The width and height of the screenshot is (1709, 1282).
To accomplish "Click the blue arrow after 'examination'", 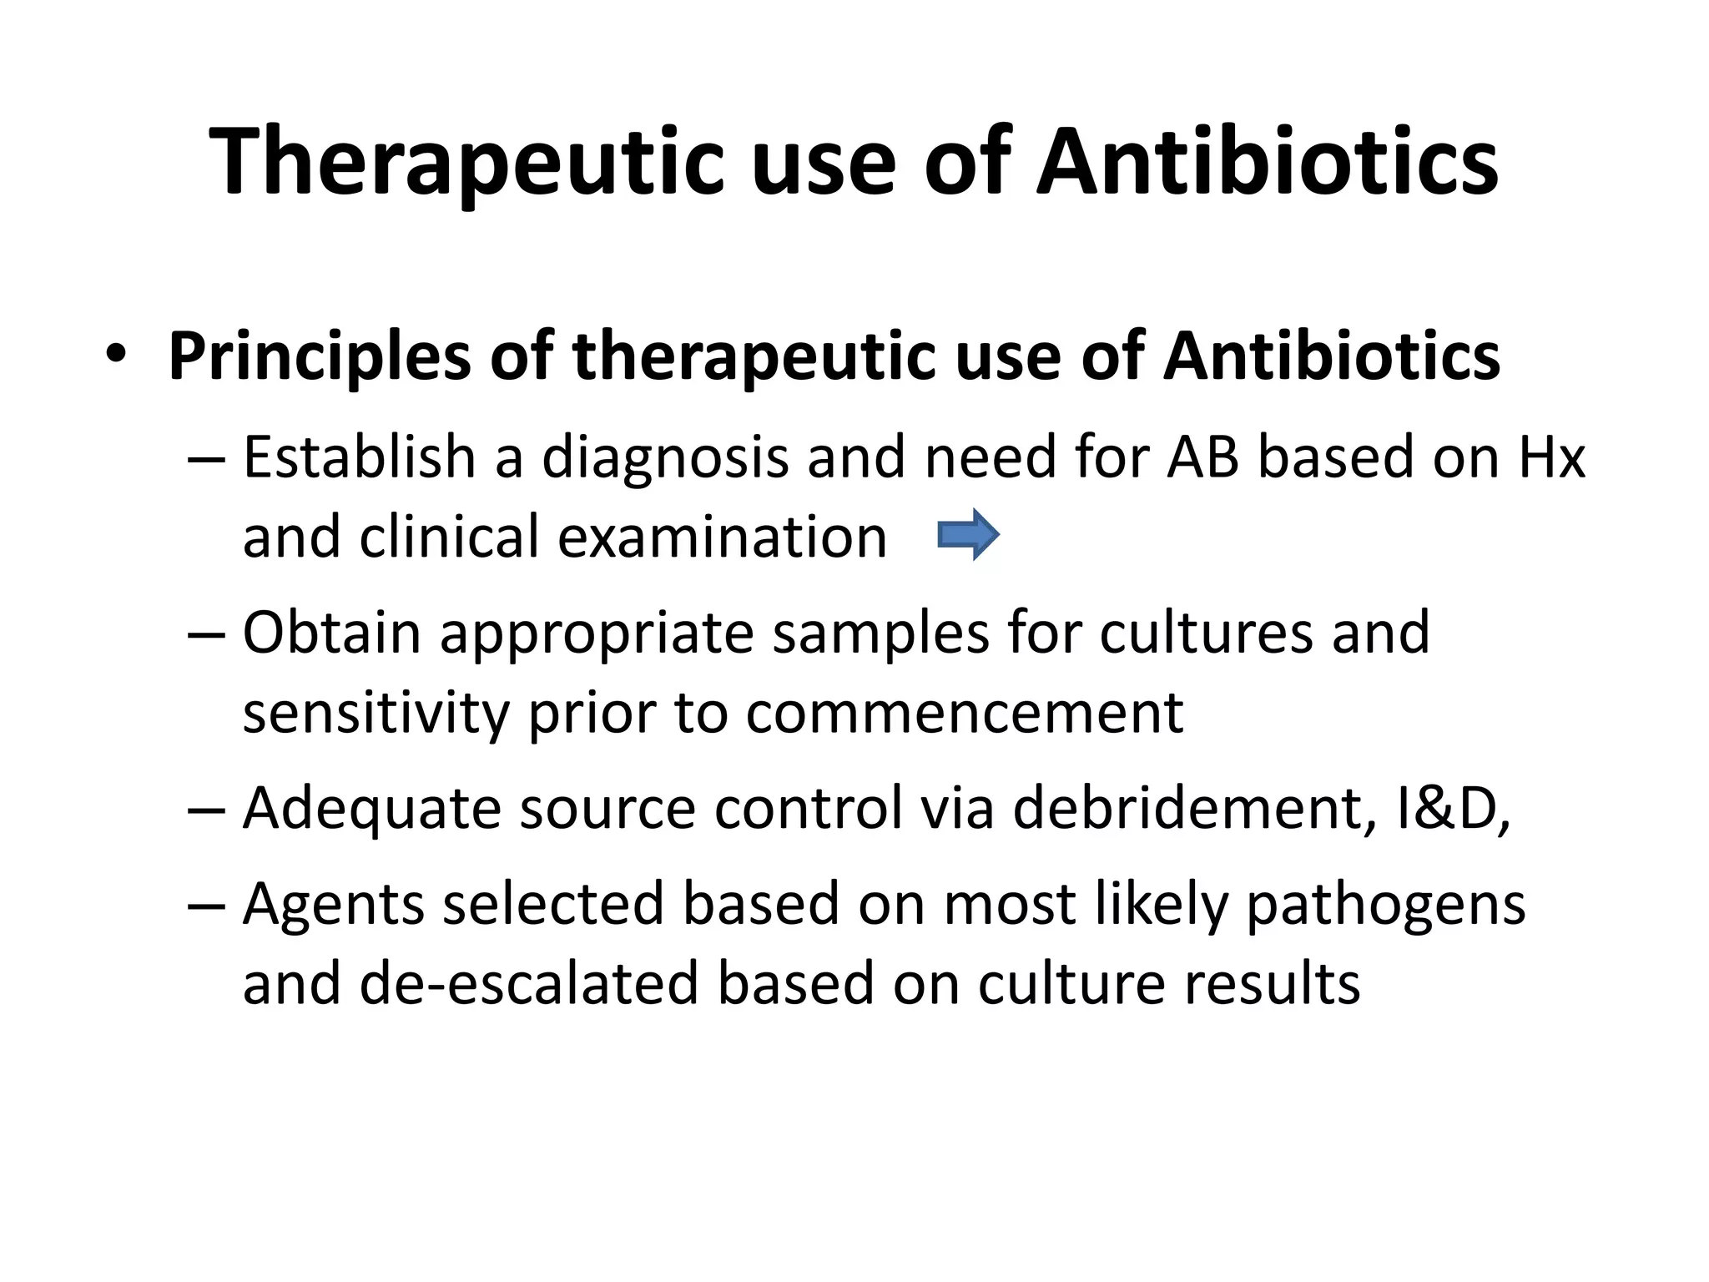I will (968, 535).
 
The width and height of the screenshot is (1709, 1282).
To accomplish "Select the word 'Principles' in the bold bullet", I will (319, 357).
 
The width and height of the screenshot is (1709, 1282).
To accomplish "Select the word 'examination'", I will (722, 537).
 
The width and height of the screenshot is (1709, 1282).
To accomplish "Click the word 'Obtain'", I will (331, 633).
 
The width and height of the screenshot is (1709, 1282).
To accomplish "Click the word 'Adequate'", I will (371, 810).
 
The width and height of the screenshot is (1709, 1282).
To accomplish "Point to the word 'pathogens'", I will (1385, 906).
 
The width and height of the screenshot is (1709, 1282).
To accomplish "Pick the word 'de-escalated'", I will (528, 983).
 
